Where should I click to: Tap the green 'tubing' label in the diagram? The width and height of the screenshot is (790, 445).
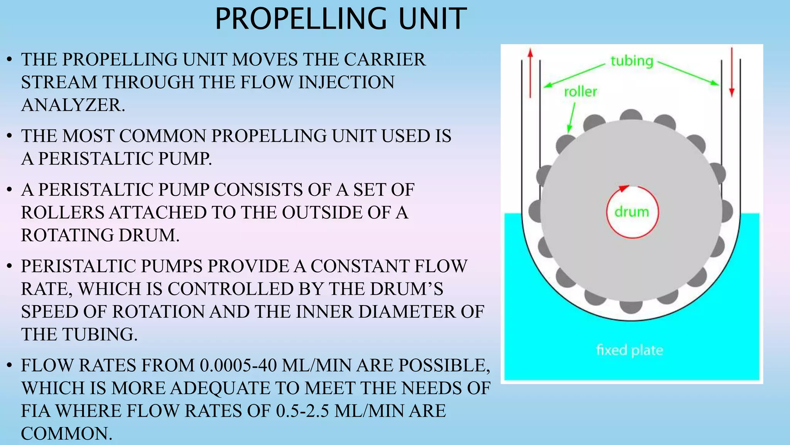631,61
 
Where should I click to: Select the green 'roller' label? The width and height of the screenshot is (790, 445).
580,92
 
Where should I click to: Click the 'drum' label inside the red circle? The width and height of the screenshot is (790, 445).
631,212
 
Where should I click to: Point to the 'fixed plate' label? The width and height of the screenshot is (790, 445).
630,350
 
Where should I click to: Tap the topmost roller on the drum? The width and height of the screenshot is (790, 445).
631,115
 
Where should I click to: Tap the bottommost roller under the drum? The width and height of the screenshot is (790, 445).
631,307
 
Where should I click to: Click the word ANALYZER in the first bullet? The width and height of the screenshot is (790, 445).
73,105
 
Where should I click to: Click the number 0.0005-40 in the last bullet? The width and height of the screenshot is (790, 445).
238,365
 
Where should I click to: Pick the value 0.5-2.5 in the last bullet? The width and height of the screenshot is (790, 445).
302,411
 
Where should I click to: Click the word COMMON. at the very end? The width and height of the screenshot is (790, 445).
66,433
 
